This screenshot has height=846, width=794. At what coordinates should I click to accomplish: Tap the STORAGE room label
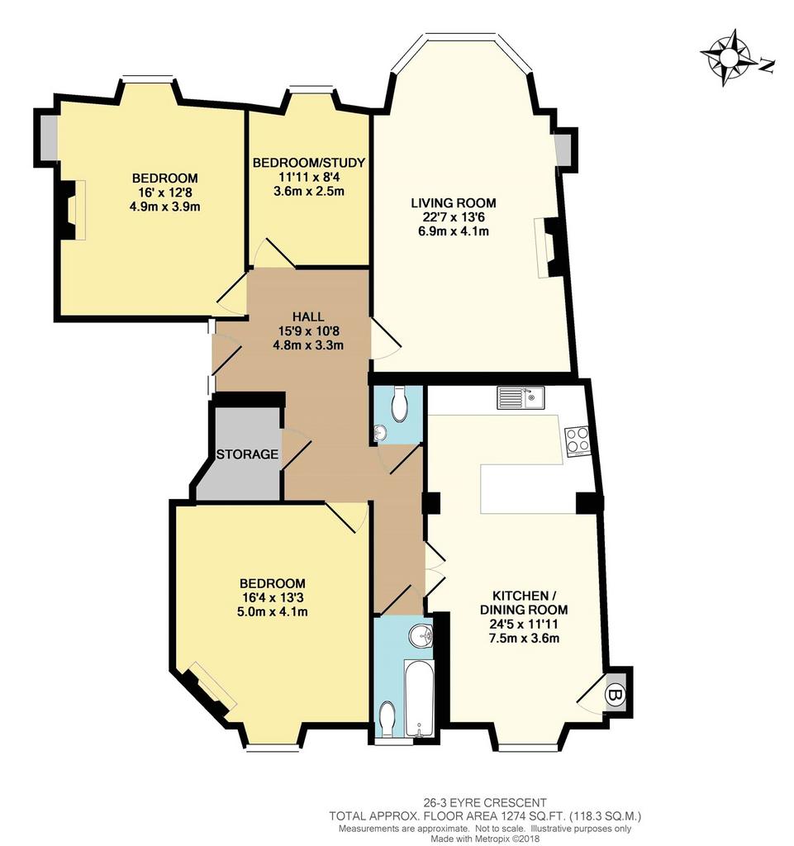point(247,454)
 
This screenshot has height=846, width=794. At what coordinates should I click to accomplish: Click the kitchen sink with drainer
point(521,398)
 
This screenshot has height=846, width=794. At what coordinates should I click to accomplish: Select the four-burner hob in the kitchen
point(578,441)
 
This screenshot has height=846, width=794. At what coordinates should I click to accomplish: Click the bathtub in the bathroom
point(419,698)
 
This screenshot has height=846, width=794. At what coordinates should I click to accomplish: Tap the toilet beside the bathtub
point(387,719)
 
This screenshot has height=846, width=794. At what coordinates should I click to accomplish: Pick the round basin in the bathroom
point(421,636)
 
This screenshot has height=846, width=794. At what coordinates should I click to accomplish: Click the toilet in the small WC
point(400,404)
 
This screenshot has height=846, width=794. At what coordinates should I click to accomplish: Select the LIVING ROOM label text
point(454,203)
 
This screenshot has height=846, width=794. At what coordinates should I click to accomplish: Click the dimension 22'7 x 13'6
point(454,217)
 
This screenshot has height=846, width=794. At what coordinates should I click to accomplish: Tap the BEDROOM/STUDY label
point(309,163)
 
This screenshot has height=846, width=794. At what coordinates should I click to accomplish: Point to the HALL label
point(308,316)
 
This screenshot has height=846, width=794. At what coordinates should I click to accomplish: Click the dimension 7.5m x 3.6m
point(524,639)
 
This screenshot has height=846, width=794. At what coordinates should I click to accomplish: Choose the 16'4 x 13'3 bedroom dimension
point(273,597)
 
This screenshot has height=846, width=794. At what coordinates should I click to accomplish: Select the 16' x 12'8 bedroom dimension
point(164,192)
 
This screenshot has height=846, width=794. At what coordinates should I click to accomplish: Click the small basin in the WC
point(380,431)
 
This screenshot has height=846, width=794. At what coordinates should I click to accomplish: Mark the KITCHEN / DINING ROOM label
point(524,602)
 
